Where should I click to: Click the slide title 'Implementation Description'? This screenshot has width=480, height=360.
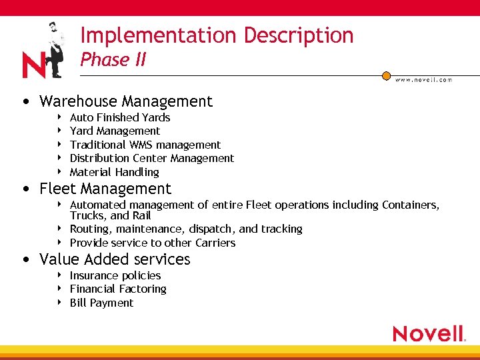click(217, 35)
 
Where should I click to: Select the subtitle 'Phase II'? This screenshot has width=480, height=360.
click(113, 60)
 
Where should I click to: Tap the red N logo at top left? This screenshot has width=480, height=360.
click(33, 65)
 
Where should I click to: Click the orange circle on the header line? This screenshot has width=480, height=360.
click(386, 75)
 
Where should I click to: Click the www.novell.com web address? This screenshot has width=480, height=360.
click(423, 80)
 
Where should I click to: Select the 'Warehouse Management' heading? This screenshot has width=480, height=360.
click(126, 101)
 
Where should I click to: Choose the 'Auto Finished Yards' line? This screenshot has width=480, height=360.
click(120, 117)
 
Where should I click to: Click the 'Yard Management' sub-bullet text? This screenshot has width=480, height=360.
click(115, 131)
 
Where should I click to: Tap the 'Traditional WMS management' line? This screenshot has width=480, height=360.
click(145, 145)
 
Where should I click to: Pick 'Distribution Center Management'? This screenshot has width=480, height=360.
click(152, 158)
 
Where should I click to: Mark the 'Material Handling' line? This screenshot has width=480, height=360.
click(114, 172)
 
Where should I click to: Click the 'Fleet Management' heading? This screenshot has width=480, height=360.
click(105, 189)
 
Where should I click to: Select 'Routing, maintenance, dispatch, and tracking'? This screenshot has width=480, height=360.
click(186, 229)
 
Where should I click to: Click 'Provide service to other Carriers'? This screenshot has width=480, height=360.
click(153, 243)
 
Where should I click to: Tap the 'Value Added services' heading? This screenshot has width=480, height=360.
click(115, 259)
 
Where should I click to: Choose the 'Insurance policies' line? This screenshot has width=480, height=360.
click(115, 275)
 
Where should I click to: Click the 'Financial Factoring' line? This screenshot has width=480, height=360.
click(118, 289)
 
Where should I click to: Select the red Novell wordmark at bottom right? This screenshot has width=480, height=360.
click(428, 333)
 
